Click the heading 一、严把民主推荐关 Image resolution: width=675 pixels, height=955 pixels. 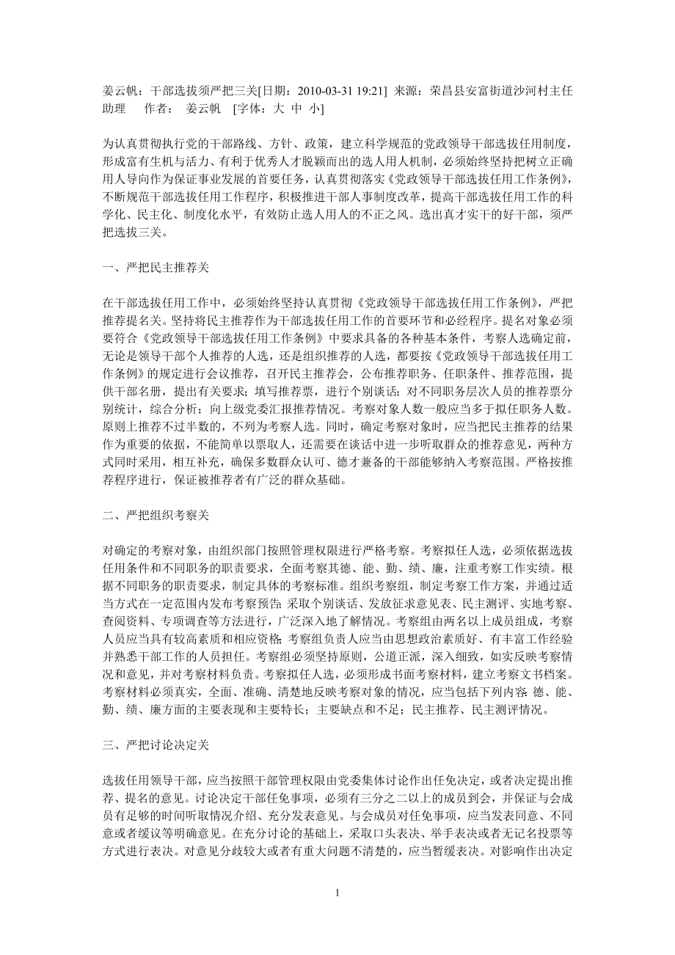(156, 268)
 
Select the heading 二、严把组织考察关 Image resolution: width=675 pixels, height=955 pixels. (156, 515)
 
